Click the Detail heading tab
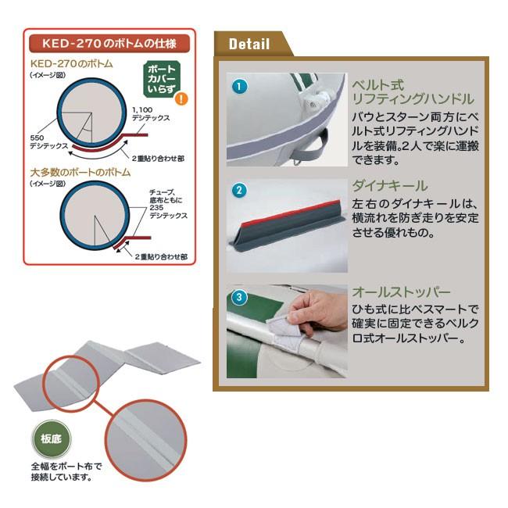point(249,44)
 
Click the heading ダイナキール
point(390,186)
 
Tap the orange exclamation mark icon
point(182,98)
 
